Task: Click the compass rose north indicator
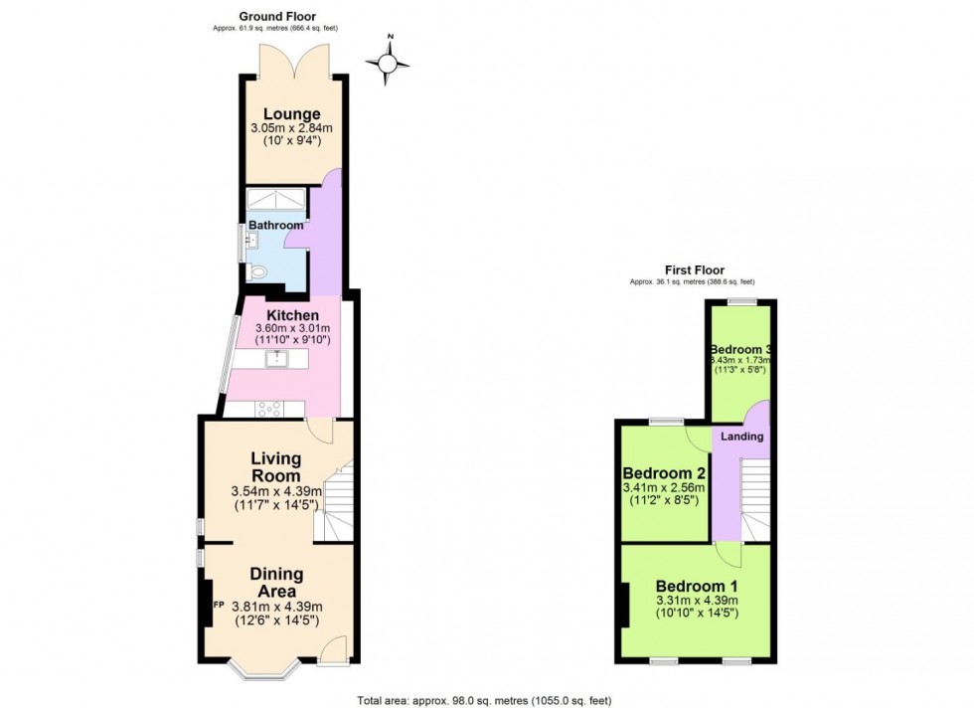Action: tap(389, 62)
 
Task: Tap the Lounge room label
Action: tap(292, 114)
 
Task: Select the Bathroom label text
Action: tap(275, 226)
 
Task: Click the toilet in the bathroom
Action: tap(259, 270)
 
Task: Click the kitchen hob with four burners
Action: tap(268, 407)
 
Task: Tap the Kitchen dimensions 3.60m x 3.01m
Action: tap(292, 329)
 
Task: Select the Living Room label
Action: tap(275, 466)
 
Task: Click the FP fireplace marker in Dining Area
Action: tap(216, 604)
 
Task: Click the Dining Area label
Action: tap(276, 583)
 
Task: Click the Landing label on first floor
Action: tap(741, 437)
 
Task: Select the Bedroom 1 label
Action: tap(696, 584)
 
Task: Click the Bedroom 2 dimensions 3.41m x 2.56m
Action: tap(663, 487)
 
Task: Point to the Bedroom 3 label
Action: tap(741, 350)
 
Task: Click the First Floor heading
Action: tap(694, 269)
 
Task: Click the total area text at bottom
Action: tap(484, 700)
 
